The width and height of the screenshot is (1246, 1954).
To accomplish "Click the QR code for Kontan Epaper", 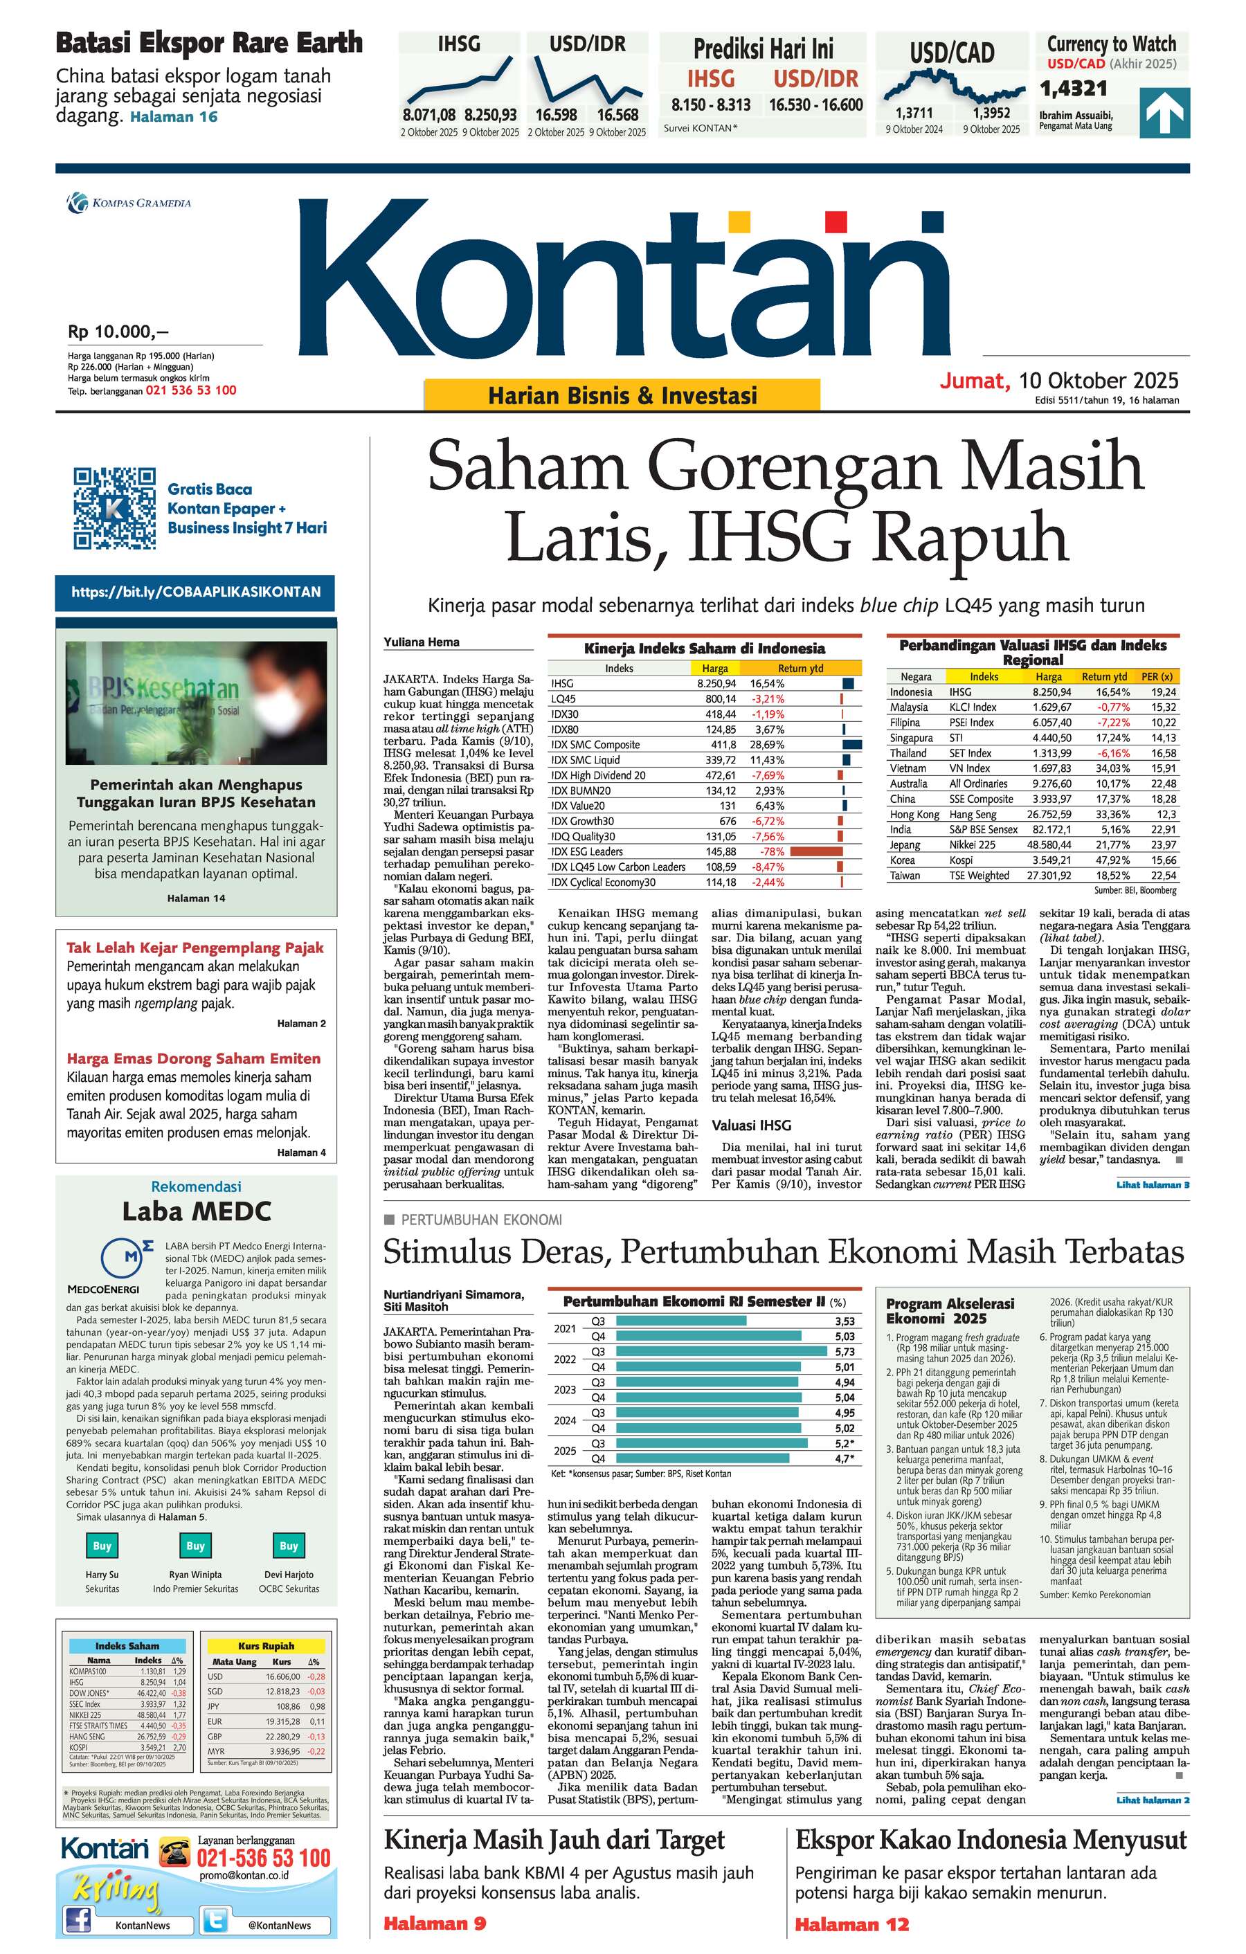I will [114, 508].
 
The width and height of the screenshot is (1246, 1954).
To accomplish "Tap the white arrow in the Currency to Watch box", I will [1164, 113].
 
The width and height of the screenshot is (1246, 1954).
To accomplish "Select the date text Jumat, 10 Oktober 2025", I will [1058, 381].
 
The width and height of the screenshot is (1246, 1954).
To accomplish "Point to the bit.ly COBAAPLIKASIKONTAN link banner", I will [195, 592].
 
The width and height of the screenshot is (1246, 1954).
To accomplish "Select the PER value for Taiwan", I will [1163, 876].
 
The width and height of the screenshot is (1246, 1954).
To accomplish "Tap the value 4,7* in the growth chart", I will [845, 1458].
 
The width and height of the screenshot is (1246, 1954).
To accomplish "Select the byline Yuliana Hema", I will [422, 642].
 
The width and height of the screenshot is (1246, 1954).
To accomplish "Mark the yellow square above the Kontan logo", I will [737, 221].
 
